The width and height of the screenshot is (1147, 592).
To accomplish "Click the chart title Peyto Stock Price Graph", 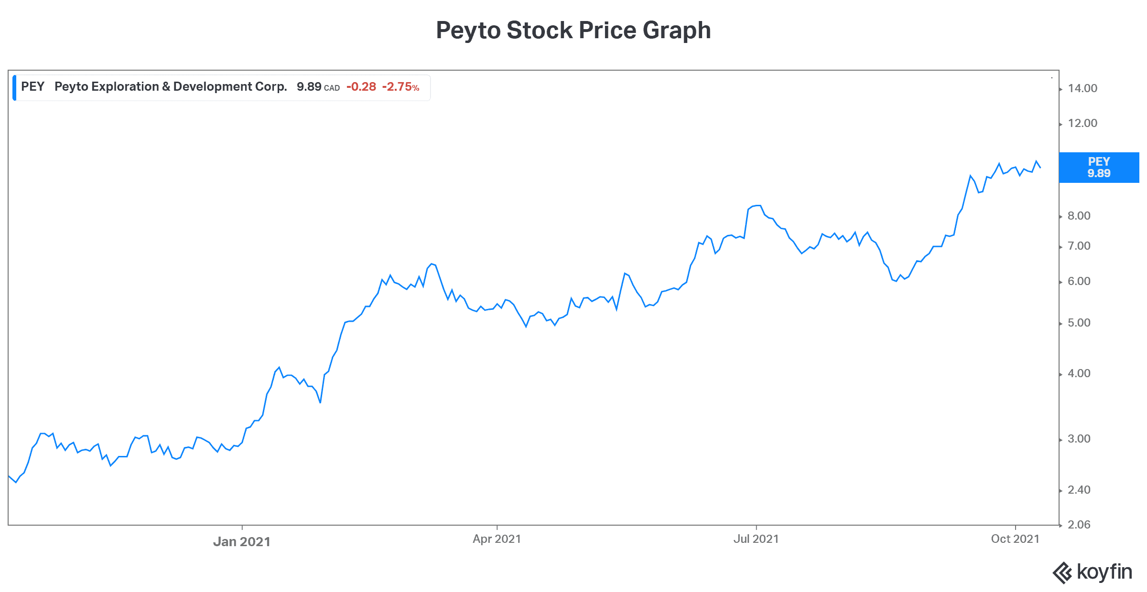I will coord(573,30).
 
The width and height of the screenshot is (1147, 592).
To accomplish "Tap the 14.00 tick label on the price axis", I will coord(1082,88).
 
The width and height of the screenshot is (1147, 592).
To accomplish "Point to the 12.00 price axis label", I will coord(1082,123).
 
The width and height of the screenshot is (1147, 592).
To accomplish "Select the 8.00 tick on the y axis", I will coord(1079,216).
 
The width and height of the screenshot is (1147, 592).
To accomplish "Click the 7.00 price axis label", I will coord(1079,246).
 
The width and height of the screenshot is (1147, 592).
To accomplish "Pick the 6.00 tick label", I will coord(1079,281).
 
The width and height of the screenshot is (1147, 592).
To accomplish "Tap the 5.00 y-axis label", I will coord(1079,323).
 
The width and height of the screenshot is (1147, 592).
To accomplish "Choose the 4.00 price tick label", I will coord(1079,373).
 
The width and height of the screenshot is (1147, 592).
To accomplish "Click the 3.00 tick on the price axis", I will coord(1079,439).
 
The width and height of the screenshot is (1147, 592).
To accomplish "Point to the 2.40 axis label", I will coord(1079,490).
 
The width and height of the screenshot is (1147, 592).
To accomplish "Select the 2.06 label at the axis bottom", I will coord(1079,525).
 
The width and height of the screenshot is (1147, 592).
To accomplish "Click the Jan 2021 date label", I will coord(242,541).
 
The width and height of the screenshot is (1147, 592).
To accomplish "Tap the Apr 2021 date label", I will coord(497,539).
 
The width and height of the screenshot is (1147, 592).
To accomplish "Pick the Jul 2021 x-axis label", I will coord(756,539).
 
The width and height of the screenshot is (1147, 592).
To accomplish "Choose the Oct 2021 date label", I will coord(1015,539).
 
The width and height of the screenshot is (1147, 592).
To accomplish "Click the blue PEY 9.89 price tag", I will coord(1099,168).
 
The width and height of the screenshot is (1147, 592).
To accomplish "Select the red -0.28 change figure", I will coord(361,87).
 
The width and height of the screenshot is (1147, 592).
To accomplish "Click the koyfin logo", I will coord(1093,572).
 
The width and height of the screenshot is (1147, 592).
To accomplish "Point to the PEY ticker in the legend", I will coord(32,87).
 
